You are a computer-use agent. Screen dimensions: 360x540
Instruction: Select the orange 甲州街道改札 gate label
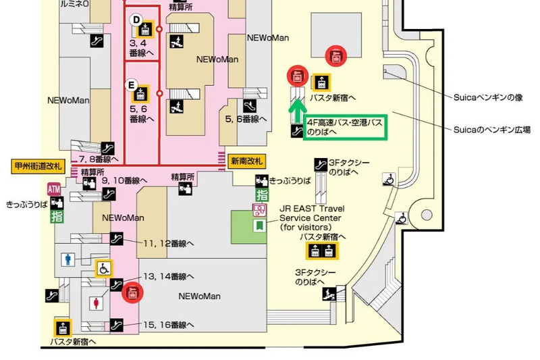[x=37, y=165]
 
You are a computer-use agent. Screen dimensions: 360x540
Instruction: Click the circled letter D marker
[x=136, y=20]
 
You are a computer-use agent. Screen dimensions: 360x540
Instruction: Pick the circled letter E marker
[x=133, y=84]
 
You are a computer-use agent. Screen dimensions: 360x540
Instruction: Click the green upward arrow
[x=295, y=108]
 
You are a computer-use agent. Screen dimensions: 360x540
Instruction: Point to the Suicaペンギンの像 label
[x=488, y=97]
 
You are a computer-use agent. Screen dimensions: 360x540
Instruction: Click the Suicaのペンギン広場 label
[x=491, y=129]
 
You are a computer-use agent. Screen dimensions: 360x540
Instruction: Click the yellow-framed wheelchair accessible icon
[x=103, y=267]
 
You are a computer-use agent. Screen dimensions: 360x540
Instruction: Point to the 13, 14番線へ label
[x=168, y=277]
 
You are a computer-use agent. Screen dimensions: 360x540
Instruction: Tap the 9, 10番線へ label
[x=124, y=181]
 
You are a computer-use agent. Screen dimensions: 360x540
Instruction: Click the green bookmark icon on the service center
[x=257, y=225]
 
